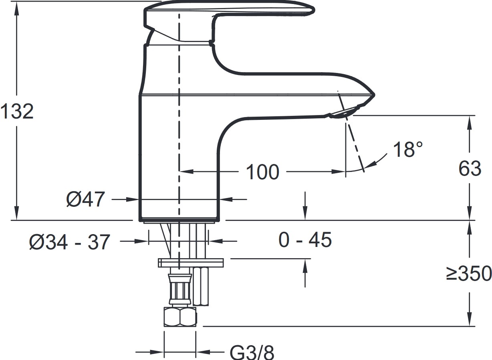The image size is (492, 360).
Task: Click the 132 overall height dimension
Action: (x=17, y=111)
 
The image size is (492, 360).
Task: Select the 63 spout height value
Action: (x=470, y=168)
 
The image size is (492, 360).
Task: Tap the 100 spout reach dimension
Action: (x=262, y=172)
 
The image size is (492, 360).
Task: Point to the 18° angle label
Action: (x=408, y=150)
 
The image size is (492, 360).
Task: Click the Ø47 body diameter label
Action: (x=85, y=199)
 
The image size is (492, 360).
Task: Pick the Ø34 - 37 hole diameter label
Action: (x=69, y=242)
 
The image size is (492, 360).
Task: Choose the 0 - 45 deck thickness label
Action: (x=305, y=240)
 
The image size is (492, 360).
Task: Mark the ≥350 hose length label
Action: (x=469, y=273)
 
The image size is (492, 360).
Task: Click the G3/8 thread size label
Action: (x=252, y=352)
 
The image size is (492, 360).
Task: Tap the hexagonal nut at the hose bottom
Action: (x=180, y=317)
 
